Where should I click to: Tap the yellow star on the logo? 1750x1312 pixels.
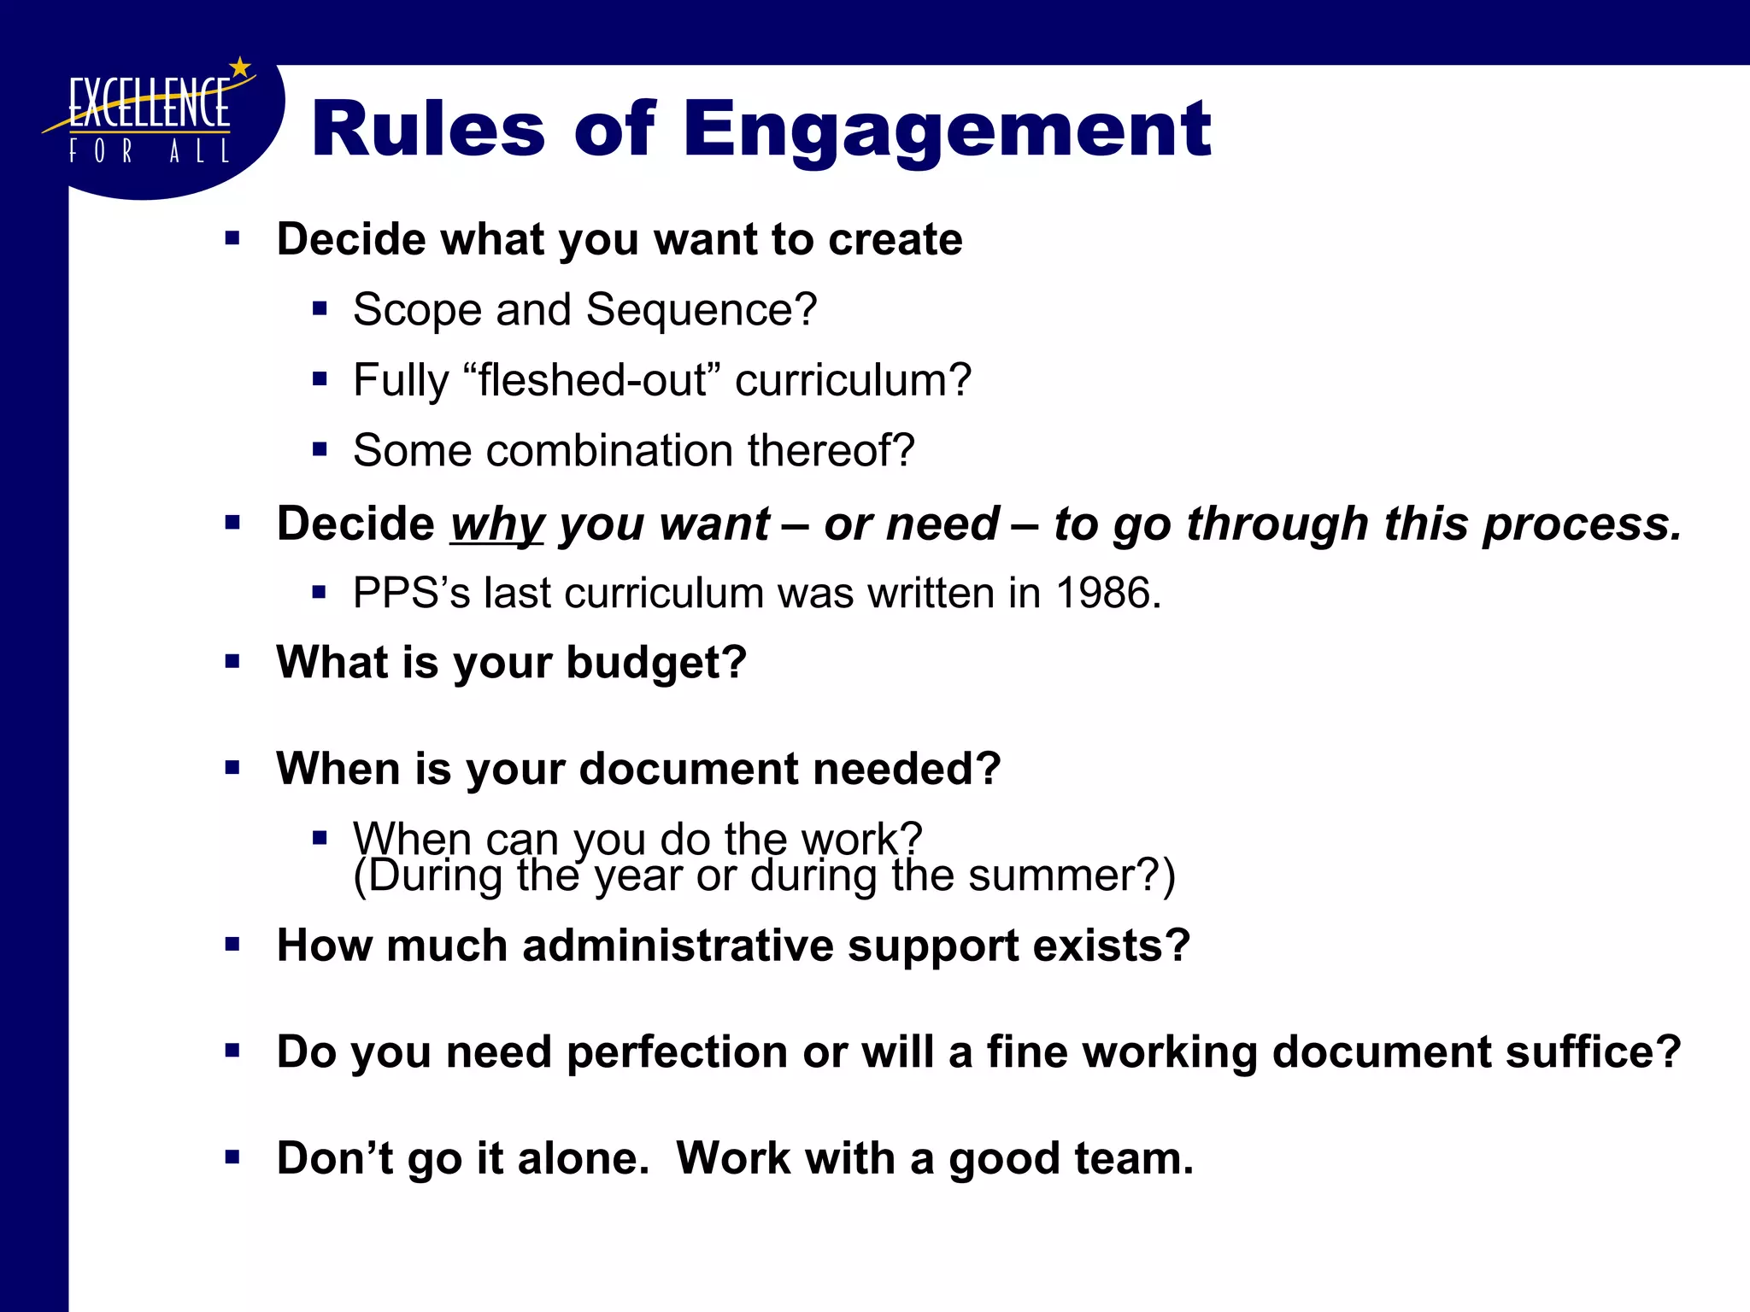pyautogui.click(x=241, y=67)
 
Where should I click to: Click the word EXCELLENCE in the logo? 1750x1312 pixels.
pyautogui.click(x=149, y=104)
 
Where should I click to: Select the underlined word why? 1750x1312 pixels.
pyautogui.click(x=496, y=524)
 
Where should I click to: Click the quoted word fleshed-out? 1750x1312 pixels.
pyautogui.click(x=592, y=380)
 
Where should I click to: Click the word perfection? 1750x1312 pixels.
pyautogui.click(x=677, y=1051)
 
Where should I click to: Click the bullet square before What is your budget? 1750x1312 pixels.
pyautogui.click(x=232, y=661)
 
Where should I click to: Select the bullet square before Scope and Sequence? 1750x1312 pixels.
pyautogui.click(x=320, y=308)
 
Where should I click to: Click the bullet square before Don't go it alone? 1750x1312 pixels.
pyautogui.click(x=232, y=1157)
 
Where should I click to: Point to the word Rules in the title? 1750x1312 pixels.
pyautogui.click(x=427, y=130)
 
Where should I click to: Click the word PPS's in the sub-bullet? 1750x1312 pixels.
pyautogui.click(x=411, y=593)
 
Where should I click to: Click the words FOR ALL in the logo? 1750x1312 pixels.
pyautogui.click(x=149, y=152)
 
